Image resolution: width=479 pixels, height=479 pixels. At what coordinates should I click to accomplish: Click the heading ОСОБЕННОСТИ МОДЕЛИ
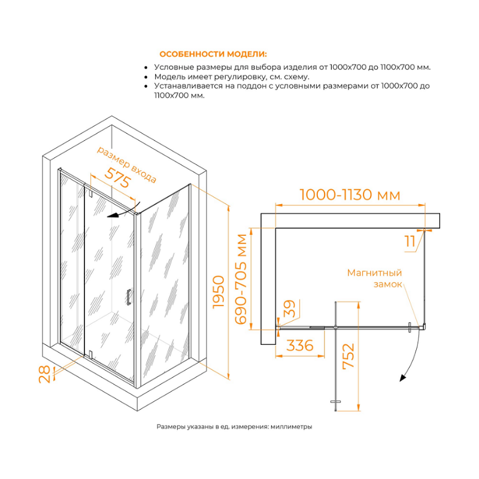213,54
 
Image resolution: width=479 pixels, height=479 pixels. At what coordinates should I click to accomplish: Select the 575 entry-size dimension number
118,178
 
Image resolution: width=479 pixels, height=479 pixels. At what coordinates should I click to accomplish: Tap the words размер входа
127,164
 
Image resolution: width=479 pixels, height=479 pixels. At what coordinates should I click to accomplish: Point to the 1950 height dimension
219,292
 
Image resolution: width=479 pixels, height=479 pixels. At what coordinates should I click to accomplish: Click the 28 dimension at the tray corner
44,374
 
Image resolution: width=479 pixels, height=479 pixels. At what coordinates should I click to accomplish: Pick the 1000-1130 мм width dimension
350,195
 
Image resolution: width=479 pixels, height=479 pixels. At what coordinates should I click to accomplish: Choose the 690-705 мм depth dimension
241,279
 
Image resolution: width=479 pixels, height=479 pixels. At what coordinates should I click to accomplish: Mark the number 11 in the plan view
410,241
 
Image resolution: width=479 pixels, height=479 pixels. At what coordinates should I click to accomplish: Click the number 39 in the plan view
290,308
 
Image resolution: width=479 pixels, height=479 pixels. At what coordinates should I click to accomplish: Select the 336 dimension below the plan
300,345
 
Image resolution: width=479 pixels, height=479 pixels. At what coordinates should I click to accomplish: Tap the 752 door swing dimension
348,356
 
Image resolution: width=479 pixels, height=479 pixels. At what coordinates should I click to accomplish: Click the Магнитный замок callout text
375,278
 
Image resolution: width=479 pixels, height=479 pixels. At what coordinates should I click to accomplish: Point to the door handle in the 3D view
129,297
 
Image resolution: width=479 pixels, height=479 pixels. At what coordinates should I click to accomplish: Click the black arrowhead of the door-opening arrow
113,216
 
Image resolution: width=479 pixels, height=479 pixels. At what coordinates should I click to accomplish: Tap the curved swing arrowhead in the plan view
403,378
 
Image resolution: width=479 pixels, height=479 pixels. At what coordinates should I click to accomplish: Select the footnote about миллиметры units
234,426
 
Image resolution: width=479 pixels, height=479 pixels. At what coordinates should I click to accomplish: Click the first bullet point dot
146,68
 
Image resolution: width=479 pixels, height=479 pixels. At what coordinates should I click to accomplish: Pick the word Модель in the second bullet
168,77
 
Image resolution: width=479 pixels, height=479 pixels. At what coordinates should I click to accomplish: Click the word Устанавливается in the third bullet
189,86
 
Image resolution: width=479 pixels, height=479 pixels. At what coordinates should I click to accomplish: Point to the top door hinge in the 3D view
90,193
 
